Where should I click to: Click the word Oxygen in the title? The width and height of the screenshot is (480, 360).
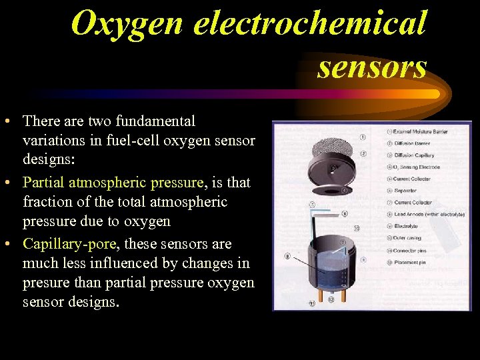127,23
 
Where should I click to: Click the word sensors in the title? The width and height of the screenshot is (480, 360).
372,66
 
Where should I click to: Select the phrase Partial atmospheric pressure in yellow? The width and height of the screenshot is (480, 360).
113,182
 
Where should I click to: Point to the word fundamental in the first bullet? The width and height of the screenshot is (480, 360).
155,121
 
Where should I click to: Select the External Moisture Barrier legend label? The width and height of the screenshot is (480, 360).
420,132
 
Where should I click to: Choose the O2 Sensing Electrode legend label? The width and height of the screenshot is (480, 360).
416,167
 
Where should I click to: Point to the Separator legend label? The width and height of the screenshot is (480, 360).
405,191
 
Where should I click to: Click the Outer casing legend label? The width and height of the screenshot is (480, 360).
407,237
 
